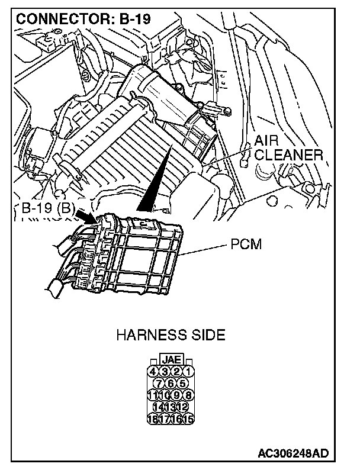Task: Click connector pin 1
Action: click(x=189, y=372)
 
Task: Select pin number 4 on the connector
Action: click(x=153, y=372)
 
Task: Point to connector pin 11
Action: click(x=153, y=395)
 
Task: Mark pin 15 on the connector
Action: click(x=189, y=420)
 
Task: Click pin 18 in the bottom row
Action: click(x=153, y=420)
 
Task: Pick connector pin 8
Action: click(x=189, y=395)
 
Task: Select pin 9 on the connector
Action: click(x=177, y=395)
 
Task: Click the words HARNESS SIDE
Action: click(x=171, y=336)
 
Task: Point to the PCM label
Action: click(x=246, y=244)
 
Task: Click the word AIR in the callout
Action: click(x=268, y=141)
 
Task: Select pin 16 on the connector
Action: click(x=177, y=420)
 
